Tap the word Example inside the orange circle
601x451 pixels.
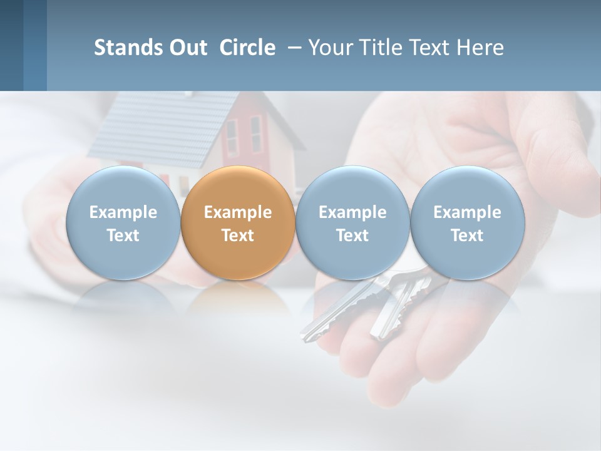(x=238, y=212)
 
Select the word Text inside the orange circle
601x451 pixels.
(x=238, y=236)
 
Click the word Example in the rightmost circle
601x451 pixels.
(x=467, y=212)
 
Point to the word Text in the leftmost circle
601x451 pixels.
(x=123, y=236)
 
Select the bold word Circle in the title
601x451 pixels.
(x=247, y=48)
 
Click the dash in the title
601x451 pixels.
(x=294, y=48)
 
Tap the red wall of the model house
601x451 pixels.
(x=244, y=135)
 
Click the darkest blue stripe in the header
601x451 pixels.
(x=11, y=45)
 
